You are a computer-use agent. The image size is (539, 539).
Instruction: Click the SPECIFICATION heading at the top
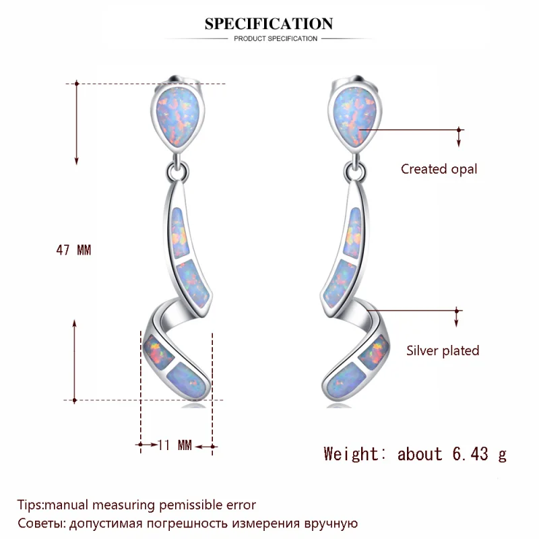[x=269, y=24]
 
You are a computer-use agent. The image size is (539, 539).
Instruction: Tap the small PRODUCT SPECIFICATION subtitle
[x=276, y=39]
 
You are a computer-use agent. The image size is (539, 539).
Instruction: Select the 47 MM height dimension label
[x=73, y=250]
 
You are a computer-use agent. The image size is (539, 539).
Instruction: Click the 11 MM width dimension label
[x=175, y=445]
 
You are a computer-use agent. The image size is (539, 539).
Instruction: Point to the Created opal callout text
[x=439, y=169]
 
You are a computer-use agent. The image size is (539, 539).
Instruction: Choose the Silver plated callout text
[x=443, y=350]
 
